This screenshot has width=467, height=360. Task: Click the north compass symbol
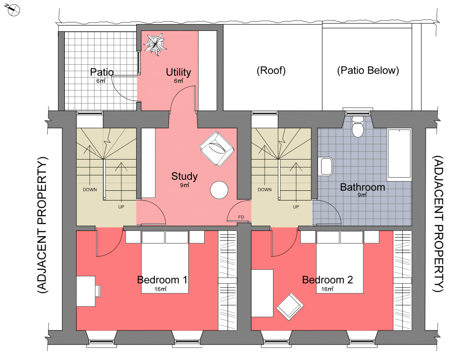pos(13,10)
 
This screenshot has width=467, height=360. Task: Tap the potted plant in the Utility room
pos(155,45)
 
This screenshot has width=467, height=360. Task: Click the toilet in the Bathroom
pos(358,126)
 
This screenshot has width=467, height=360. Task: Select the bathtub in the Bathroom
pos(399,155)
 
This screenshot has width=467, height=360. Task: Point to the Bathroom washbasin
pos(325,167)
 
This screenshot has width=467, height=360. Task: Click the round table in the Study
pos(219,190)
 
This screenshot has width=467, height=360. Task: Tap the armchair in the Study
pos(217,149)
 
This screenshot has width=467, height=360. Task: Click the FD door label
pos(241,217)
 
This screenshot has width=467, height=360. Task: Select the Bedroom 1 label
pos(162,280)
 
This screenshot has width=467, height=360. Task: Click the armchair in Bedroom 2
pos(290,307)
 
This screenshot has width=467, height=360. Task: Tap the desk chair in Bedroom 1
pos(98,291)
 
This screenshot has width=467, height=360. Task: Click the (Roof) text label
pos(271,71)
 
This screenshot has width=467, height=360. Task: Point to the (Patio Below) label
pos(368,71)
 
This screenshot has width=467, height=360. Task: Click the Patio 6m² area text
pos(101,81)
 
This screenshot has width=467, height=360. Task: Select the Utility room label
pos(179,72)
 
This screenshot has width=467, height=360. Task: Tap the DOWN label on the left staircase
pos(90,189)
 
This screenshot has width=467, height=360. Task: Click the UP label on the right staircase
pos(296,207)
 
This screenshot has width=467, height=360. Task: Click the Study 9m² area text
pos(185,185)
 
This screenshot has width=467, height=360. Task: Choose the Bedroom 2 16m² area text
pos(327,289)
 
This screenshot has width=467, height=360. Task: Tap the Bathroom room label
pos(362,187)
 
